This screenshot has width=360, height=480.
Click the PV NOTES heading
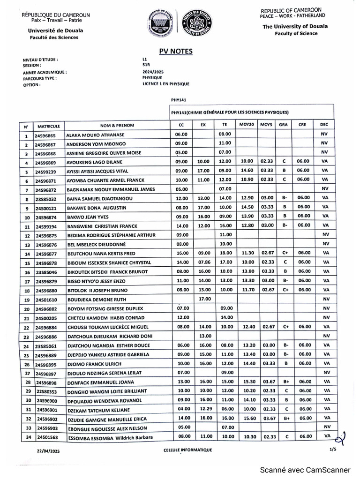click(x=176, y=52)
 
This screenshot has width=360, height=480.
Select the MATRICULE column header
click(x=49, y=126)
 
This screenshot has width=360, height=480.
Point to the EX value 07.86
click(x=202, y=263)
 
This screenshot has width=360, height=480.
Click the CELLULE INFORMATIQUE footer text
click(x=184, y=450)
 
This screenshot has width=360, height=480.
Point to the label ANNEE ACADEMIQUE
click(x=45, y=73)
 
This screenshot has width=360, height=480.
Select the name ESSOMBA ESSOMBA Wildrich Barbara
click(x=105, y=436)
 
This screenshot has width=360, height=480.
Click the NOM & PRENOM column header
click(x=117, y=126)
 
